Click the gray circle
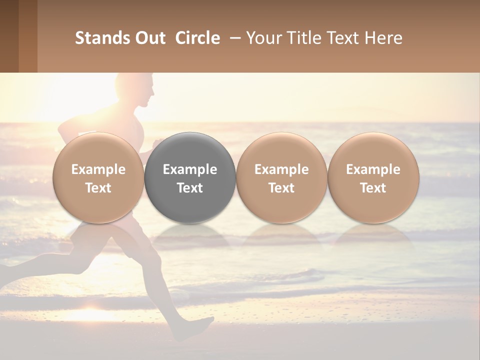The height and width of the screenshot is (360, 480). pyautogui.click(x=190, y=177)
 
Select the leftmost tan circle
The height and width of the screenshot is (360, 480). pyautogui.click(x=98, y=177)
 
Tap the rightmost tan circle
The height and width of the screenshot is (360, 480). pyautogui.click(x=373, y=177)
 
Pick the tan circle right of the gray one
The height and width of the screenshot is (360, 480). pyautogui.click(x=281, y=177)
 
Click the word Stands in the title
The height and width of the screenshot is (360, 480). pyautogui.click(x=102, y=38)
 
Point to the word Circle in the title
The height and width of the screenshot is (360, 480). pyautogui.click(x=197, y=38)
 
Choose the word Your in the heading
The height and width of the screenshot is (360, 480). pyautogui.click(x=262, y=38)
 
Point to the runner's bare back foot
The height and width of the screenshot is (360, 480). pyautogui.click(x=198, y=327)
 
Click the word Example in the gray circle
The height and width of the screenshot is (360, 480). pyautogui.click(x=190, y=169)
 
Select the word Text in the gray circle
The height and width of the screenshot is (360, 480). pyautogui.click(x=190, y=188)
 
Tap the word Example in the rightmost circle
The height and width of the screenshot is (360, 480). pyautogui.click(x=373, y=169)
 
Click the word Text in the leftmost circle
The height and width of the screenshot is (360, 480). pyautogui.click(x=98, y=188)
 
